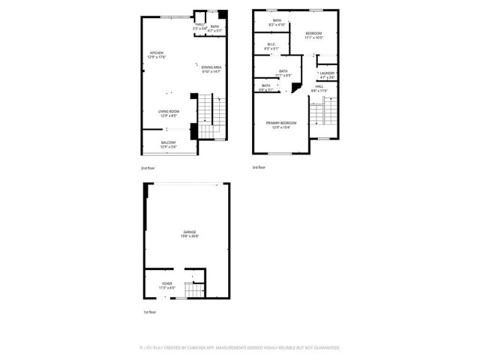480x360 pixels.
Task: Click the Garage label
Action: (188, 234)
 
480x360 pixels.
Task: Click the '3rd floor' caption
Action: (259, 167)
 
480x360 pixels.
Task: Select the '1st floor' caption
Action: (150, 311)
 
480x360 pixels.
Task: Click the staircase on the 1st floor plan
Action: (195, 291)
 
